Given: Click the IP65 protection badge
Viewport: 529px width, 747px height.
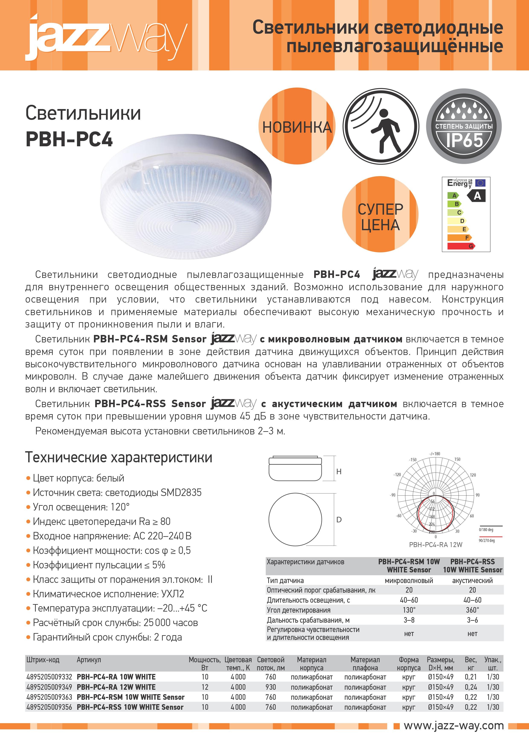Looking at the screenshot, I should coord(464,126).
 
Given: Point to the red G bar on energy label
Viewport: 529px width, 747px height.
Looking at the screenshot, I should coord(461,246).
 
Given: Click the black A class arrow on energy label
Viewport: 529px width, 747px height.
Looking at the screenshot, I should coord(477,196).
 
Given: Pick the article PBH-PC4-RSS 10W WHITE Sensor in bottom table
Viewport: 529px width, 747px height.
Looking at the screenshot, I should coord(130,707).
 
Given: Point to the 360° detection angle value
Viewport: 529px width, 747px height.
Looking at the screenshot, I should coord(472,610).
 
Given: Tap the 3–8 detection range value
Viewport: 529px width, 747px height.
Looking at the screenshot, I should coord(409,620).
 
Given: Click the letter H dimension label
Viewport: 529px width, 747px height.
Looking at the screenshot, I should coord(339,471).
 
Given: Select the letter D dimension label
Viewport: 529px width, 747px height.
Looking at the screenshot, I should coord(339,520).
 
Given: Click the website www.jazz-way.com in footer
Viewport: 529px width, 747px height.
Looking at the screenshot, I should coord(454,725).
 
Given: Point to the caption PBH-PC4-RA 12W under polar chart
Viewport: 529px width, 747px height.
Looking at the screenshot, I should coord(436,545).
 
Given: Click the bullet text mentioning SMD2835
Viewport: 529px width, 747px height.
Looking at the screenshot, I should coord(117,492).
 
